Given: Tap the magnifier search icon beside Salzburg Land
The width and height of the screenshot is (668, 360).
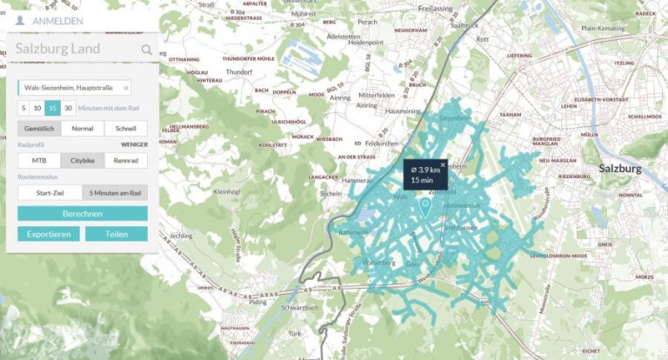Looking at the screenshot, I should click(x=146, y=50).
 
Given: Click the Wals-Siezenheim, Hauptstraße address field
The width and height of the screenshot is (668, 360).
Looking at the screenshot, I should click(x=71, y=88).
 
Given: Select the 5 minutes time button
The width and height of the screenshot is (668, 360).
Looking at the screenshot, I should click(x=24, y=108).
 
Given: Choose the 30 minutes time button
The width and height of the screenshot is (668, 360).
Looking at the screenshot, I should click(x=68, y=108).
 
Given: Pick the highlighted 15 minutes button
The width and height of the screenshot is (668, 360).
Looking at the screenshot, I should click(x=53, y=108).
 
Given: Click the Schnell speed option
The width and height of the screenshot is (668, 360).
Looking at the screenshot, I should click(x=125, y=129).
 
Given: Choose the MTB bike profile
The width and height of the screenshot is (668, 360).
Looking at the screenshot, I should click(x=39, y=161).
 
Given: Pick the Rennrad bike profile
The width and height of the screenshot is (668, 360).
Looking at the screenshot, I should click(x=125, y=161).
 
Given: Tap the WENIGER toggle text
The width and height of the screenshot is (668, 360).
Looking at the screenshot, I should click(x=134, y=144).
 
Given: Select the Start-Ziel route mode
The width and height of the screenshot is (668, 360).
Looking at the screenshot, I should click(x=50, y=193).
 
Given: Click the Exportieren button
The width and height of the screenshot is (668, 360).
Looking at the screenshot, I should click(x=49, y=234).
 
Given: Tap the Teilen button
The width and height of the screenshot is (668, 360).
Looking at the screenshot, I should click(x=117, y=234).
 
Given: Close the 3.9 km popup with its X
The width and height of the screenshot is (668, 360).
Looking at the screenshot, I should click(x=442, y=164).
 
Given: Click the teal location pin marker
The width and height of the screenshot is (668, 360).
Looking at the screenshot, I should click(x=425, y=206).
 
